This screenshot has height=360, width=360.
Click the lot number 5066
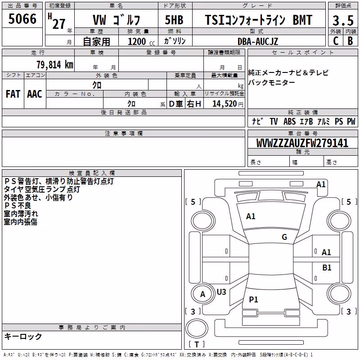point(22,19)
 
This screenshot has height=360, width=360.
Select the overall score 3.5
point(343,20)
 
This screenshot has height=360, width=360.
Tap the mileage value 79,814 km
point(55,64)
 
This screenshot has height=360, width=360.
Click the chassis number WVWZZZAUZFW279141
point(302,143)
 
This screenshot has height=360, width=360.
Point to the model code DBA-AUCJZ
point(258,41)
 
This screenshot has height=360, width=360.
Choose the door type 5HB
point(174,20)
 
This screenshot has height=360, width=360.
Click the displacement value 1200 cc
point(141,41)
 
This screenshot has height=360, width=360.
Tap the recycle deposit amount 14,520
point(225,103)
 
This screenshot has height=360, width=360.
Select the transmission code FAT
point(13,94)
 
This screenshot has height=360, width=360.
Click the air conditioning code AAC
point(35,94)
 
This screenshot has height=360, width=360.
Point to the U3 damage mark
point(221,292)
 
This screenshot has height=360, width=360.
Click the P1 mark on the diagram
point(253,299)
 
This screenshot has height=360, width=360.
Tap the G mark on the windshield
point(284,237)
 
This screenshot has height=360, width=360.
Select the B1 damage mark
point(327,267)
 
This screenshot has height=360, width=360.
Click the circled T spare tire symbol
point(197,328)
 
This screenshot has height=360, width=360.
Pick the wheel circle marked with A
point(202,294)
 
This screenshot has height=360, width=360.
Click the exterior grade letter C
point(336,41)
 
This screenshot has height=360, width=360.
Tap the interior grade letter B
point(351,41)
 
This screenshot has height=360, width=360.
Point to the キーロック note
point(23,337)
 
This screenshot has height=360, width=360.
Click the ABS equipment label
point(289,121)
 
